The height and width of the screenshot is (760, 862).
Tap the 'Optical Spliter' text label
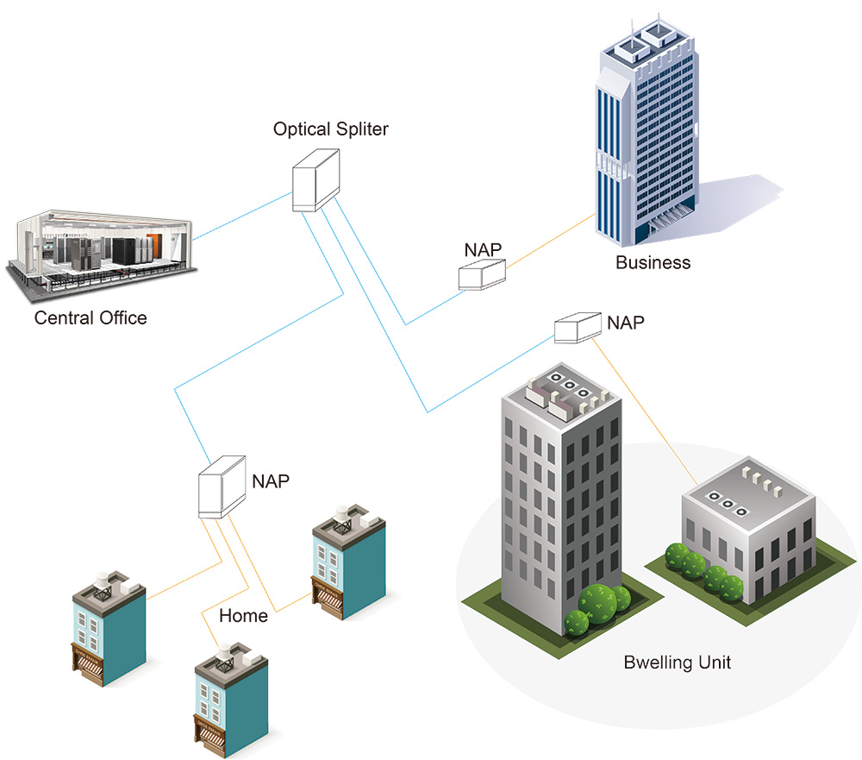tap(331, 129)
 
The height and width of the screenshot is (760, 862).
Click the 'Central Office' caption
tap(91, 318)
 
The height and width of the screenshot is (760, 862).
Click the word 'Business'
tap(653, 263)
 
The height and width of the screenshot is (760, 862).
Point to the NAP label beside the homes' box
tap(271, 480)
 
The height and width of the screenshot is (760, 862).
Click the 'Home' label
tap(243, 616)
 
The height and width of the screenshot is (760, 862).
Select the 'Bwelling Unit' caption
tap(677, 663)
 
